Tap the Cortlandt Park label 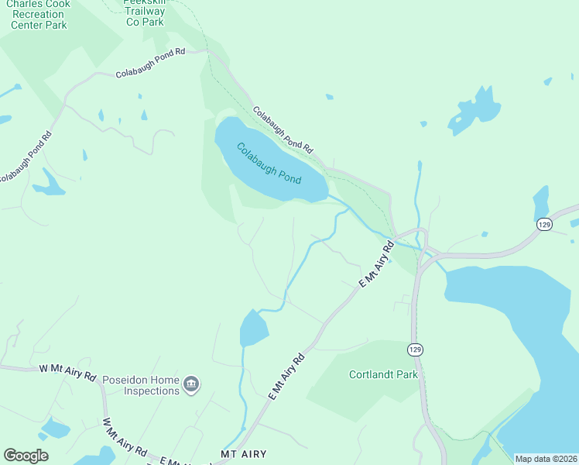click(383, 374)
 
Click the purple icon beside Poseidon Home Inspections click(191, 384)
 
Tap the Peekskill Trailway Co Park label click(146, 12)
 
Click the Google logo click(26, 455)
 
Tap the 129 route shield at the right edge click(544, 223)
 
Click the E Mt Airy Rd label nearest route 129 click(377, 265)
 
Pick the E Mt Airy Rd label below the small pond click(287, 376)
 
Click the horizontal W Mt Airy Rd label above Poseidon click(67, 373)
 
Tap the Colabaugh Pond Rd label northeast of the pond click(283, 129)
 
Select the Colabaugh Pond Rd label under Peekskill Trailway click(151, 64)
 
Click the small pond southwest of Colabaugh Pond click(253, 329)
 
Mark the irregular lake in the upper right click(475, 112)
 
